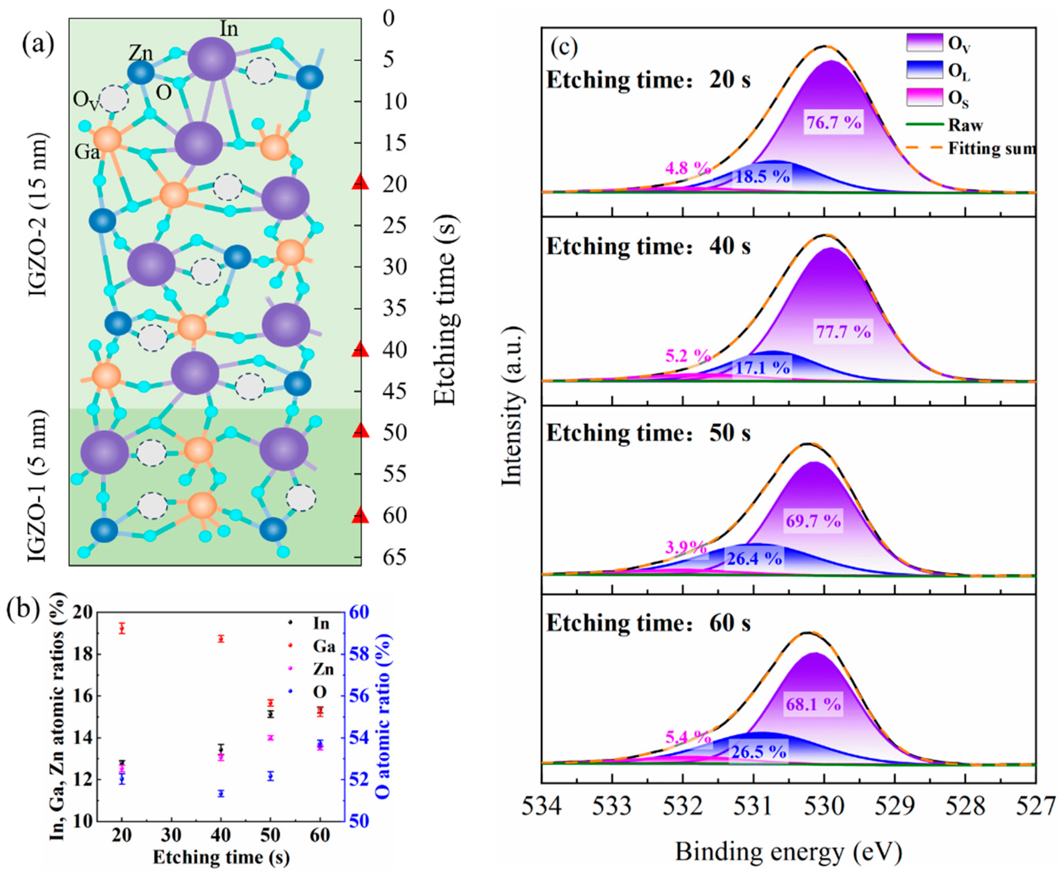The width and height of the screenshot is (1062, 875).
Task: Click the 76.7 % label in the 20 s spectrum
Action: tap(833, 123)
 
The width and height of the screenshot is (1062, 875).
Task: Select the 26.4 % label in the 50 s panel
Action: tap(754, 559)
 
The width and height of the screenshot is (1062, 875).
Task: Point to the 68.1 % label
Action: tap(813, 704)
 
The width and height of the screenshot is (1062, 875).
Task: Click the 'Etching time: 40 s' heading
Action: tap(648, 247)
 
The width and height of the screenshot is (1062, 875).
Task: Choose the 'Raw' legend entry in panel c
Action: tap(965, 125)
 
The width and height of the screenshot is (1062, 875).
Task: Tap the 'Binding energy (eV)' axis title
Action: tap(789, 852)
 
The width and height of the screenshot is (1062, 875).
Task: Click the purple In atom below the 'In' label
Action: tap(212, 59)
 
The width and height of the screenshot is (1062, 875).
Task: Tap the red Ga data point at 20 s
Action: tap(121, 628)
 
